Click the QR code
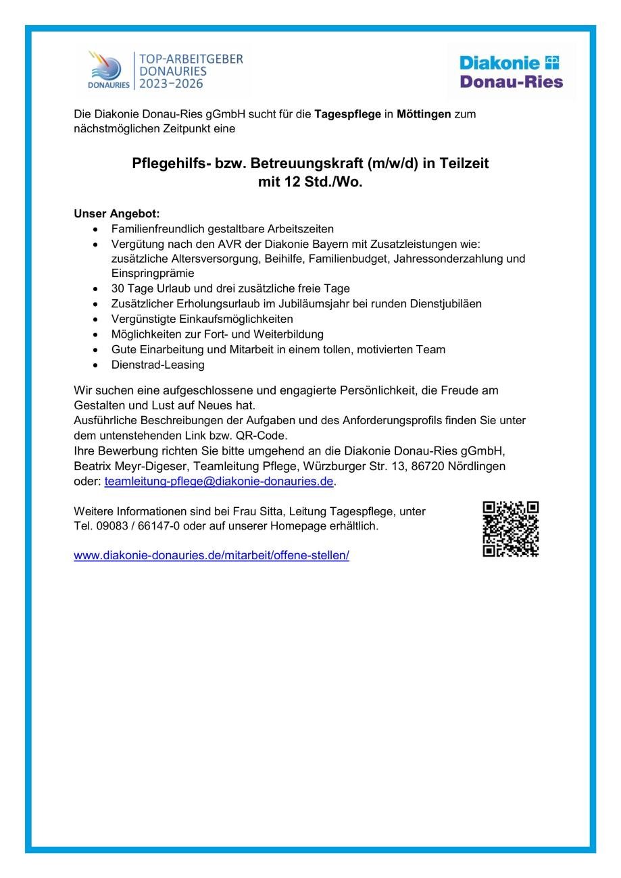(x=510, y=529)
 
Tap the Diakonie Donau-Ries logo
(x=511, y=72)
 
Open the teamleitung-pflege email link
(x=219, y=482)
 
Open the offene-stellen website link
(x=212, y=556)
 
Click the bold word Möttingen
(x=424, y=114)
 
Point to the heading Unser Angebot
(x=117, y=214)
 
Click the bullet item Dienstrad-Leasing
(x=158, y=365)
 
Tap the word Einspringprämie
(x=153, y=274)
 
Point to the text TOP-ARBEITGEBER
(x=191, y=59)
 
